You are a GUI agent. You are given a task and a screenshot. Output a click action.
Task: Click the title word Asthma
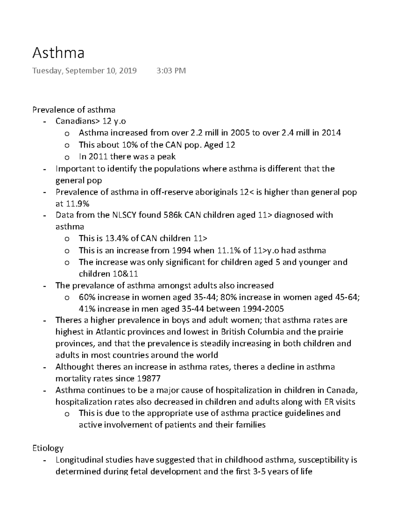[x=58, y=53]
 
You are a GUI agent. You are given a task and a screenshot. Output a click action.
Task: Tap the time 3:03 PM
[x=171, y=71]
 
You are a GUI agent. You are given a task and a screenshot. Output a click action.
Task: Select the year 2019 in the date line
[x=127, y=71]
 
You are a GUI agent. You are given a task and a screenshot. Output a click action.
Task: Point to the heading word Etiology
[x=48, y=448]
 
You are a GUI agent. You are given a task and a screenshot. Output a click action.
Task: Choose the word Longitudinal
[x=78, y=460]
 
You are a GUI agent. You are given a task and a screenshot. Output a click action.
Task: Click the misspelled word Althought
[x=74, y=367]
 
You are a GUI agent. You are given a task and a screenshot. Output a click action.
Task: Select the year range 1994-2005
[x=263, y=309]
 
